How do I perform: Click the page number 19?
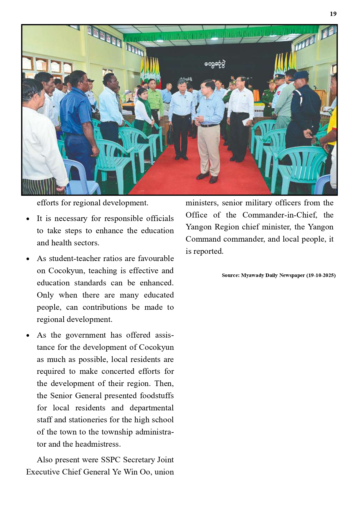pyautogui.click(x=333, y=14)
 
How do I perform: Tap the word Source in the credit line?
pyautogui.click(x=230, y=275)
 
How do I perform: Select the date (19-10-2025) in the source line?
pyautogui.click(x=321, y=275)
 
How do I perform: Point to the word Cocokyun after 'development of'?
pyautogui.click(x=156, y=347)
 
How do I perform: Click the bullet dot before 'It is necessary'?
pyautogui.click(x=28, y=219)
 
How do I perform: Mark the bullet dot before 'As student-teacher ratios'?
pyautogui.click(x=28, y=259)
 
